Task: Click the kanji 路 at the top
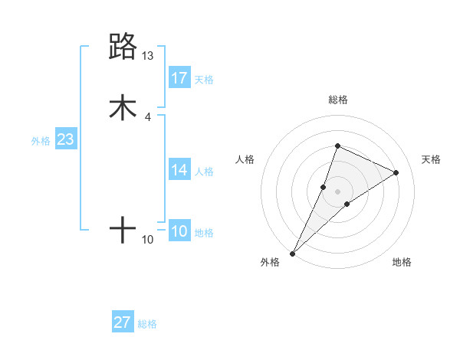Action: click(123, 47)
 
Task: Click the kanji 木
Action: click(123, 108)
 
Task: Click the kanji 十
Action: click(123, 230)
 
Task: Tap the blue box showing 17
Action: click(179, 77)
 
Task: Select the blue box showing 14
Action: click(179, 170)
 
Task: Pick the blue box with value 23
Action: click(65, 140)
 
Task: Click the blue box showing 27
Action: click(123, 322)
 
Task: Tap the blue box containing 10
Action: click(179, 232)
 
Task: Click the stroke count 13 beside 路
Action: click(148, 56)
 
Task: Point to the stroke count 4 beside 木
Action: click(148, 117)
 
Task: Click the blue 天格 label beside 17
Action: click(204, 80)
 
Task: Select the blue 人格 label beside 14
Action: click(204, 172)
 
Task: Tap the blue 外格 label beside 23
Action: click(41, 142)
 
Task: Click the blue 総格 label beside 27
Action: click(147, 325)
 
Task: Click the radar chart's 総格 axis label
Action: click(337, 100)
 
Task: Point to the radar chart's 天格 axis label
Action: click(431, 159)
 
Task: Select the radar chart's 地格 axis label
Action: click(402, 262)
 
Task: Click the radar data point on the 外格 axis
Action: click(292, 253)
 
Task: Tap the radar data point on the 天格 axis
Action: click(396, 172)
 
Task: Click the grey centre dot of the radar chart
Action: click(337, 191)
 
